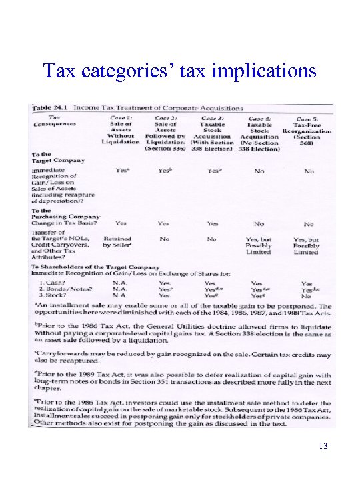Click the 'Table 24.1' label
tap(51, 107)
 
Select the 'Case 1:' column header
tap(121, 117)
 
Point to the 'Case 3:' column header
tap(213, 117)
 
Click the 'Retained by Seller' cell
tap(117, 241)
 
